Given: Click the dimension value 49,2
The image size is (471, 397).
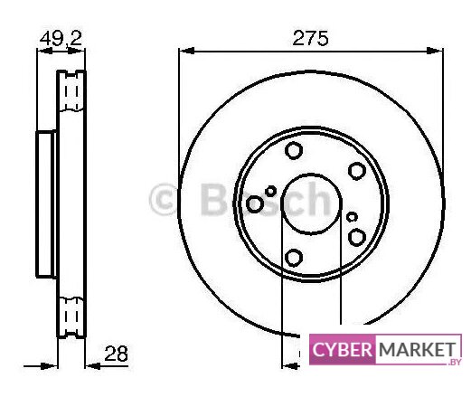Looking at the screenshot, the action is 61,38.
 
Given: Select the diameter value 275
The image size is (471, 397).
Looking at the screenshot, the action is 310,38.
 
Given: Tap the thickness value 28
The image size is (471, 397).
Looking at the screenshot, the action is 116,354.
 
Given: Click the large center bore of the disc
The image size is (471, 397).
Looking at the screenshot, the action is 311,203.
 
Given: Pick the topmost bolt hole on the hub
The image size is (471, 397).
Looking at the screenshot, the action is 294,150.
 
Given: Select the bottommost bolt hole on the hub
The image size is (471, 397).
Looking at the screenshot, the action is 294,258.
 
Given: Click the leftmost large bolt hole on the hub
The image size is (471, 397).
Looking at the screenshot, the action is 255,204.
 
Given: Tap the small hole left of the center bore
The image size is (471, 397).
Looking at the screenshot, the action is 270,191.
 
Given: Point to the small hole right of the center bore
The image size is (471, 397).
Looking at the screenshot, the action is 352,217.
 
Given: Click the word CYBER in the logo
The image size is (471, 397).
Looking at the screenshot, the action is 343,350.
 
